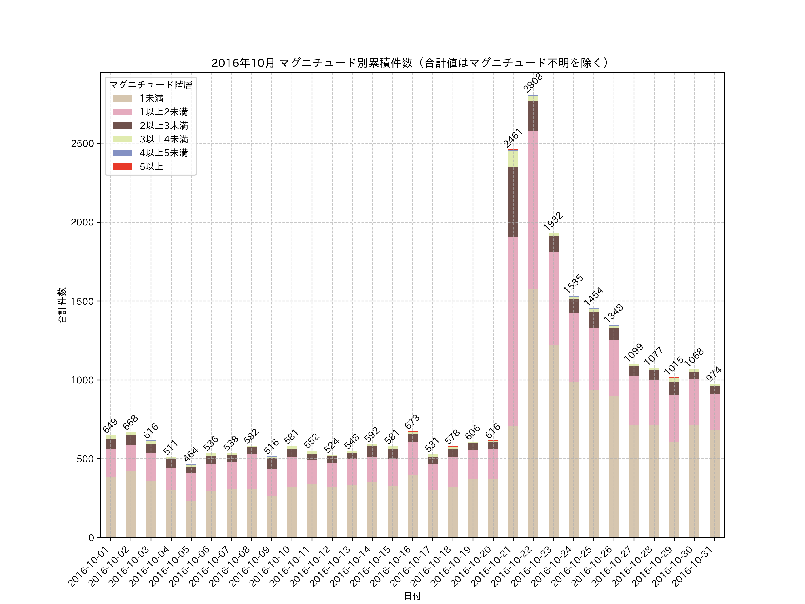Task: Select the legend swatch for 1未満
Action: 122,98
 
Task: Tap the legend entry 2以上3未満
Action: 163,125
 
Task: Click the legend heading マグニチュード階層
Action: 151,85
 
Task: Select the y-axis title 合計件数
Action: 62,305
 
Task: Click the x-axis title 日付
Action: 412,596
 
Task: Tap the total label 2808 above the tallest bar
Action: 533,83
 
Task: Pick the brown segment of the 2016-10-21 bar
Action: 513,202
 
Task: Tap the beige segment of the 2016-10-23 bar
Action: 553,440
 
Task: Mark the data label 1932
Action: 553,221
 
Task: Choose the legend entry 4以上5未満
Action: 163,153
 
